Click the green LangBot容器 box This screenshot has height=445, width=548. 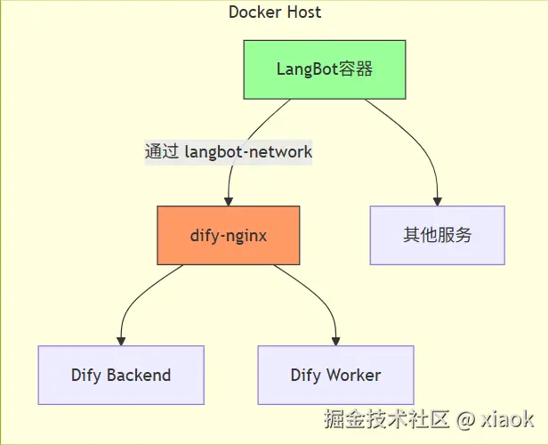tap(325, 69)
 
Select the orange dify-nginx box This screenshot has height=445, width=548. tap(229, 235)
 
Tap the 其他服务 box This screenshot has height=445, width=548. tap(438, 235)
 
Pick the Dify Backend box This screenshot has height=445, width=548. tap(121, 375)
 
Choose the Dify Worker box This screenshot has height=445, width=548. tap(336, 375)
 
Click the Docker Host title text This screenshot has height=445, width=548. tap(275, 12)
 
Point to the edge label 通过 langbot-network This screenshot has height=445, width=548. tap(229, 152)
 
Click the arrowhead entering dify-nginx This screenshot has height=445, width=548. tap(229, 201)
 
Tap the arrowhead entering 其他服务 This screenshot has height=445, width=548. tap(438, 201)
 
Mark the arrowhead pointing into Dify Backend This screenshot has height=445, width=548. tap(121, 341)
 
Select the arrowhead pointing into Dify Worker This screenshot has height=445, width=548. tap(336, 341)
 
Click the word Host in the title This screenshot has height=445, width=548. tap(304, 12)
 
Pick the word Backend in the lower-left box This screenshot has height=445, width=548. tap(139, 375)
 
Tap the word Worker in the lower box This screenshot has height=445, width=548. tap(353, 375)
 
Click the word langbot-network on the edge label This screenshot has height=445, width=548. tap(248, 152)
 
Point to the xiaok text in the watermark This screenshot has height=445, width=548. tap(507, 419)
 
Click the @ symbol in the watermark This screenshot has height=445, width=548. tap(465, 419)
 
